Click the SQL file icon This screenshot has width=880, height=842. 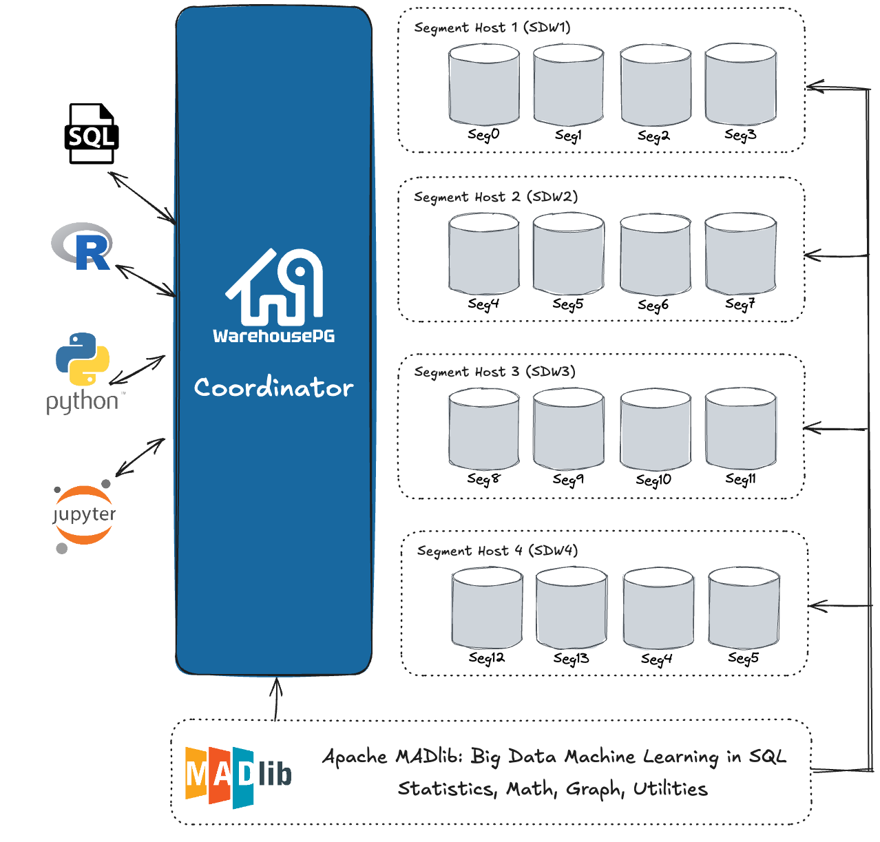92,134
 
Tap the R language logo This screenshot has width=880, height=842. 83,246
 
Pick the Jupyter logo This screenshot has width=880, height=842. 84,516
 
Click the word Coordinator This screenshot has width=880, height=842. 273,388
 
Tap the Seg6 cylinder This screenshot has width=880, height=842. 655,255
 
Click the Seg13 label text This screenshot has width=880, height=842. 571,659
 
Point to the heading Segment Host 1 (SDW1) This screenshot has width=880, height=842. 492,28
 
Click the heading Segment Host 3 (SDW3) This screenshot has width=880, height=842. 494,372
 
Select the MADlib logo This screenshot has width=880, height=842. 238,776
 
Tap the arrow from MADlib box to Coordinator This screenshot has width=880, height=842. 277,699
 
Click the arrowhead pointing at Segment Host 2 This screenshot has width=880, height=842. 813,255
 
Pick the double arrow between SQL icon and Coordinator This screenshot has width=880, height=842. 143,198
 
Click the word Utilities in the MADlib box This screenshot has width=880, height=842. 670,789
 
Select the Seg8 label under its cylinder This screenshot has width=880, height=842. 483,478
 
